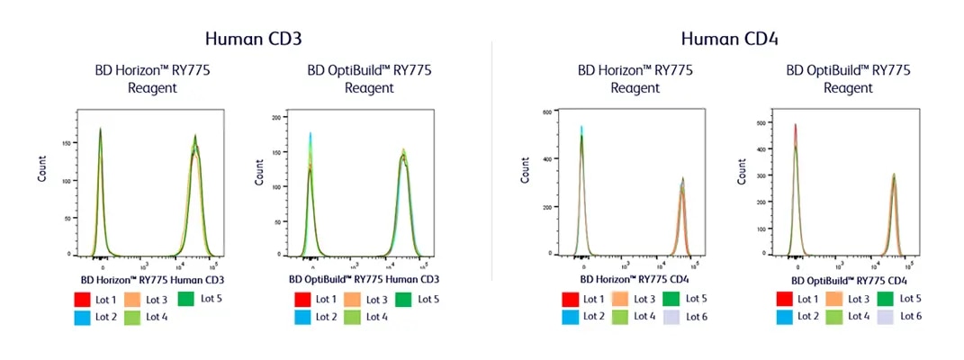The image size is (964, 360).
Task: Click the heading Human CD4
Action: pyautogui.click(x=729, y=39)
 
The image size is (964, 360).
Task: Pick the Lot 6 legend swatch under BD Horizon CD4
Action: pyautogui.click(x=671, y=316)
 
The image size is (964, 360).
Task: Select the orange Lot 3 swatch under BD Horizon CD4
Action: pyautogui.click(x=621, y=298)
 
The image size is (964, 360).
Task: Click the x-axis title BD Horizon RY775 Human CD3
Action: pyautogui.click(x=152, y=279)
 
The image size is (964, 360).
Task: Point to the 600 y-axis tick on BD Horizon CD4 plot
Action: pyautogui.click(x=545, y=112)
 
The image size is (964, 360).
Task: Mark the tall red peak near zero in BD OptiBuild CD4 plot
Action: pyautogui.click(x=795, y=126)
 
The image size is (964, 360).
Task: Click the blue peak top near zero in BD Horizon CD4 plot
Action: pyautogui.click(x=581, y=128)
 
